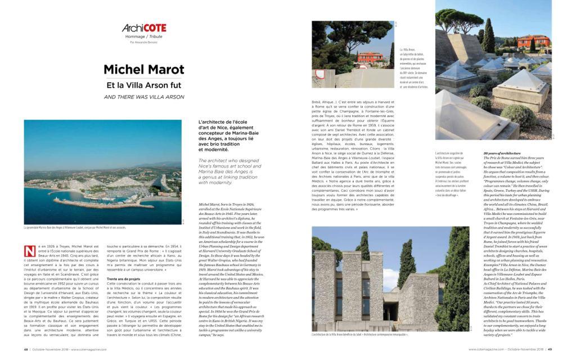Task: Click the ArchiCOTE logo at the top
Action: coord(144,28)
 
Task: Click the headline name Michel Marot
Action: coord(144,70)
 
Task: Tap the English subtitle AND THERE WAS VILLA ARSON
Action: coord(144,97)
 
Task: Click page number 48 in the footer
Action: coord(26,349)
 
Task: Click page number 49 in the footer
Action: coord(550,349)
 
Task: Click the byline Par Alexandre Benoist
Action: coord(144,42)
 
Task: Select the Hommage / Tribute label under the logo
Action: coord(144,37)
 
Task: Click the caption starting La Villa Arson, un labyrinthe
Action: coord(413,69)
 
